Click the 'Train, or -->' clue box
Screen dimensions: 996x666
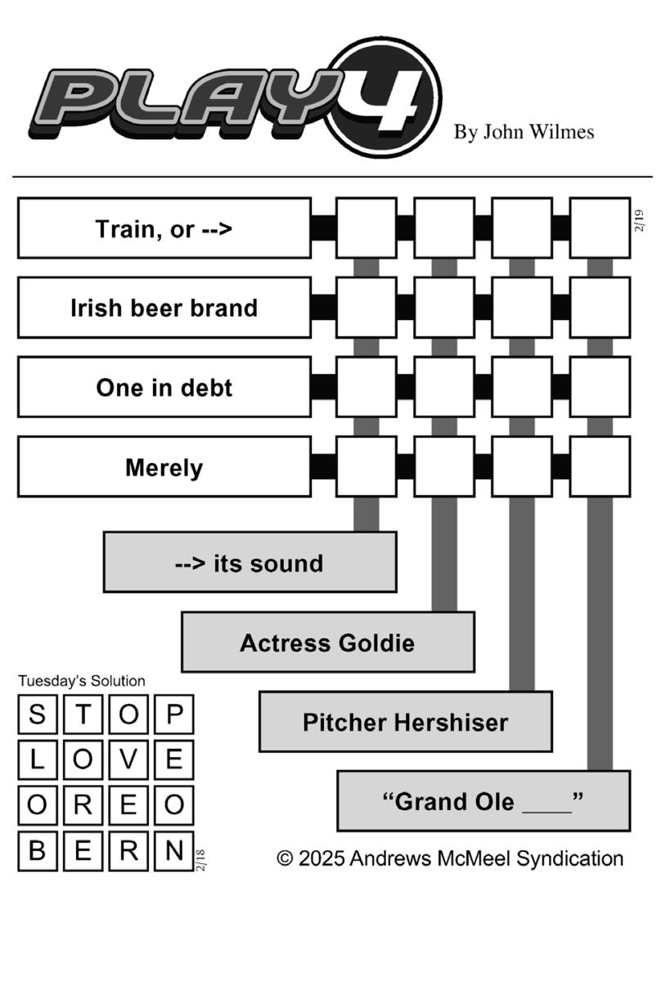(x=164, y=228)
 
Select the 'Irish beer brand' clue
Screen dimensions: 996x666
(x=164, y=308)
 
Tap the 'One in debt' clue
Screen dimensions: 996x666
(x=164, y=387)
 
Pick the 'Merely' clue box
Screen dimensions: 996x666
(x=164, y=467)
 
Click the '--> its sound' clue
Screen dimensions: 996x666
(x=250, y=562)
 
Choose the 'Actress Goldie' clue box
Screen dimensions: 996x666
(x=327, y=642)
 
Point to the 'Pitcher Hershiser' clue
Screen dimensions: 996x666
(x=405, y=722)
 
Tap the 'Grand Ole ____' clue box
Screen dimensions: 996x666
(x=483, y=801)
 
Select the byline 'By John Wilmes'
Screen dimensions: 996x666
(x=524, y=132)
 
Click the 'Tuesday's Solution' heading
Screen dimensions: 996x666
(x=82, y=681)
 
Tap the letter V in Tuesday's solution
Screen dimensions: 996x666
(x=128, y=759)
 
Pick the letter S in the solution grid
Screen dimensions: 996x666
(x=38, y=714)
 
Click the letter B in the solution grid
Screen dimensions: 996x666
(x=38, y=851)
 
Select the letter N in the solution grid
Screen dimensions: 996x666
(x=173, y=851)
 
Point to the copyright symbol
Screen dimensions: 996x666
(x=285, y=859)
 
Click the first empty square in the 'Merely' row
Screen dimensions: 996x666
(x=366, y=466)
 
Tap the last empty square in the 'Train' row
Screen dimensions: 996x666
(x=600, y=228)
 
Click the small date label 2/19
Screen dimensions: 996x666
(x=639, y=221)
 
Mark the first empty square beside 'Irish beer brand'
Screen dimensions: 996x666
(x=366, y=307)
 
